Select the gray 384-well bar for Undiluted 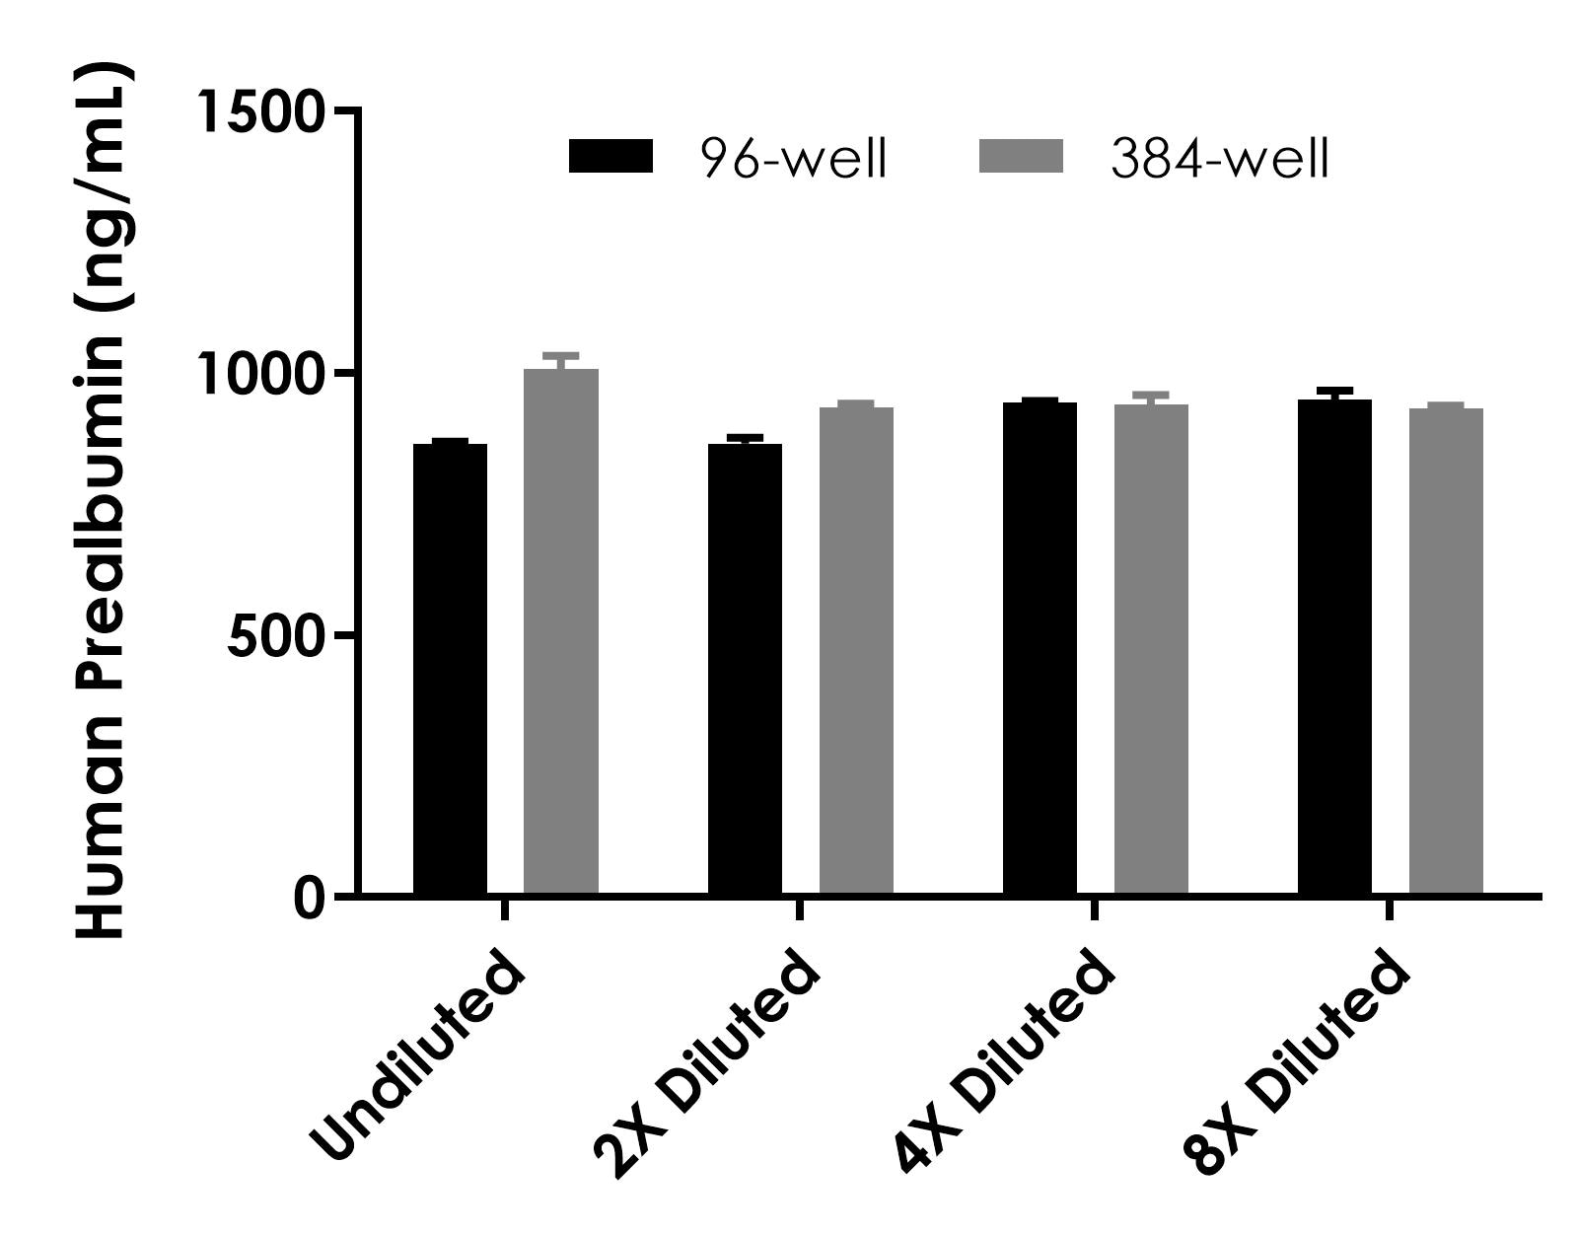point(560,631)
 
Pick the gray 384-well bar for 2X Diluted point(856,651)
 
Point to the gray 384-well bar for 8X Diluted point(1446,651)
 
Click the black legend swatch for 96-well point(610,156)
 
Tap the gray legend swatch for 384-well point(1021,156)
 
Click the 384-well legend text point(1220,158)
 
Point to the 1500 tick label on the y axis point(260,111)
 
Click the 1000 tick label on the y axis point(260,374)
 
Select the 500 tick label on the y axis point(276,636)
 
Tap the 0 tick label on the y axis point(310,898)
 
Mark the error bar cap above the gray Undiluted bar point(560,355)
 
